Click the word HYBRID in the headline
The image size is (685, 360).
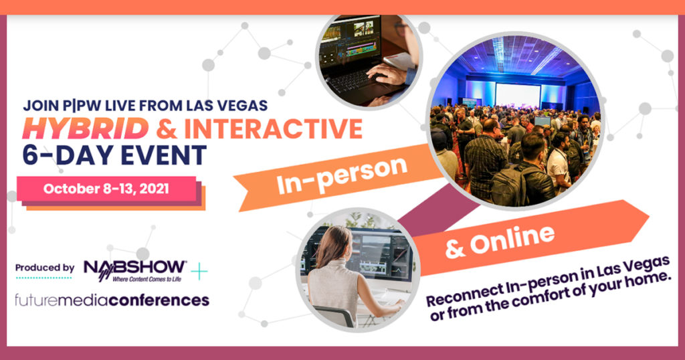[x=86, y=128]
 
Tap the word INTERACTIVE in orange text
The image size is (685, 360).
[x=273, y=128]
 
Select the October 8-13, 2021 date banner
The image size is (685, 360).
[x=106, y=189]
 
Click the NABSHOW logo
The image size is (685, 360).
[x=135, y=270]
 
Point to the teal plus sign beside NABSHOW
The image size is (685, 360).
[x=199, y=271]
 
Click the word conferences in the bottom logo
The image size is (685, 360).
[x=159, y=300]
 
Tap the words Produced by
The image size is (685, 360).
[x=45, y=268]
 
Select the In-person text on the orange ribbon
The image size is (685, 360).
[x=342, y=175]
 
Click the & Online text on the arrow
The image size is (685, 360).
[x=499, y=242]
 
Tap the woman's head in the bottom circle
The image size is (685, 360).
[x=334, y=246]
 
